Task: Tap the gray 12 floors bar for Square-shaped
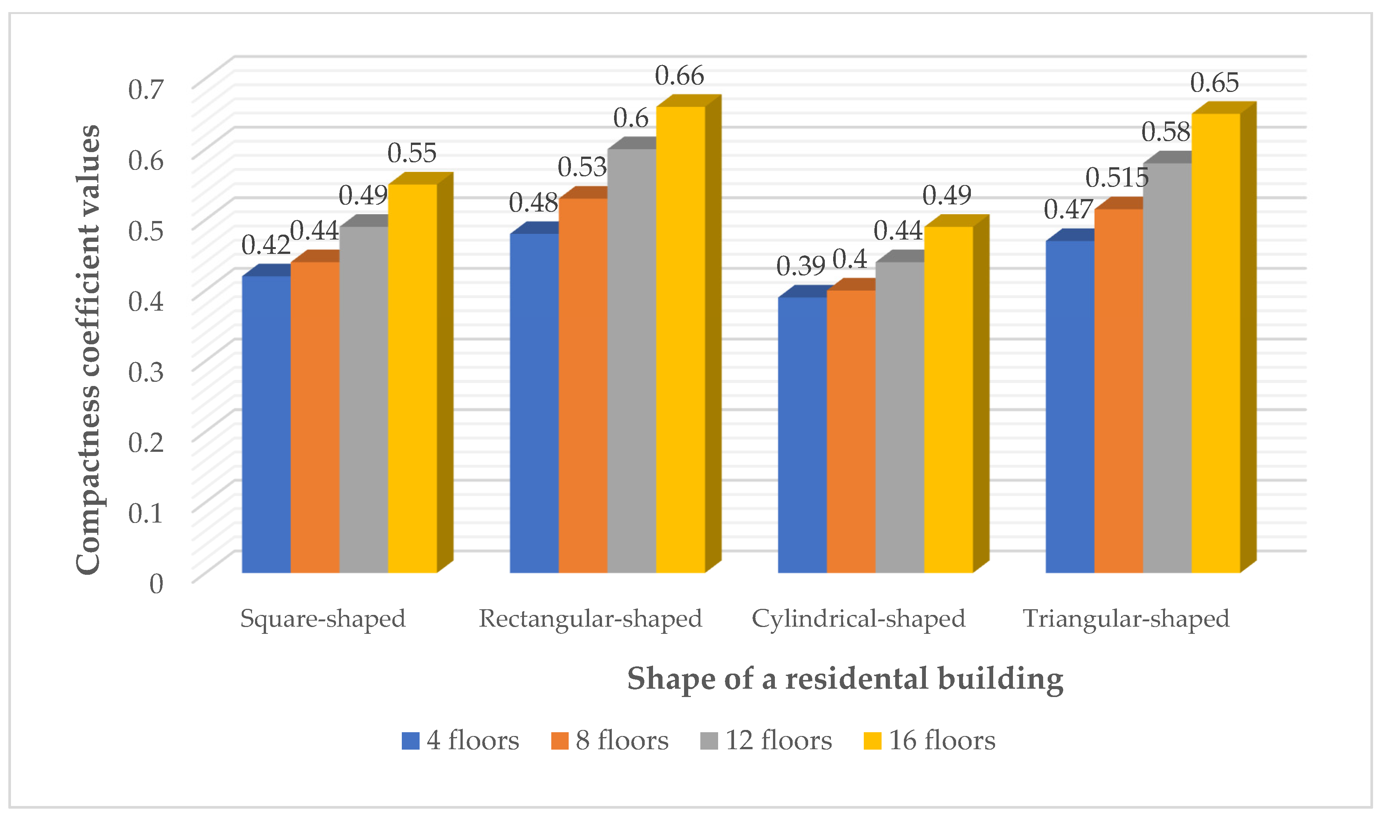coord(364,398)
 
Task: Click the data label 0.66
coord(680,76)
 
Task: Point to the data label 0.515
coord(1117,178)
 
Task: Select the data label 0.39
coord(801,266)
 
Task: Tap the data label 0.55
coord(412,153)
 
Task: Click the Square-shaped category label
coord(323,618)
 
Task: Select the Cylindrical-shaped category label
coord(858,618)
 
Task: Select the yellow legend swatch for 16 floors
coord(872,741)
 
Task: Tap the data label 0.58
coord(1166,132)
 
